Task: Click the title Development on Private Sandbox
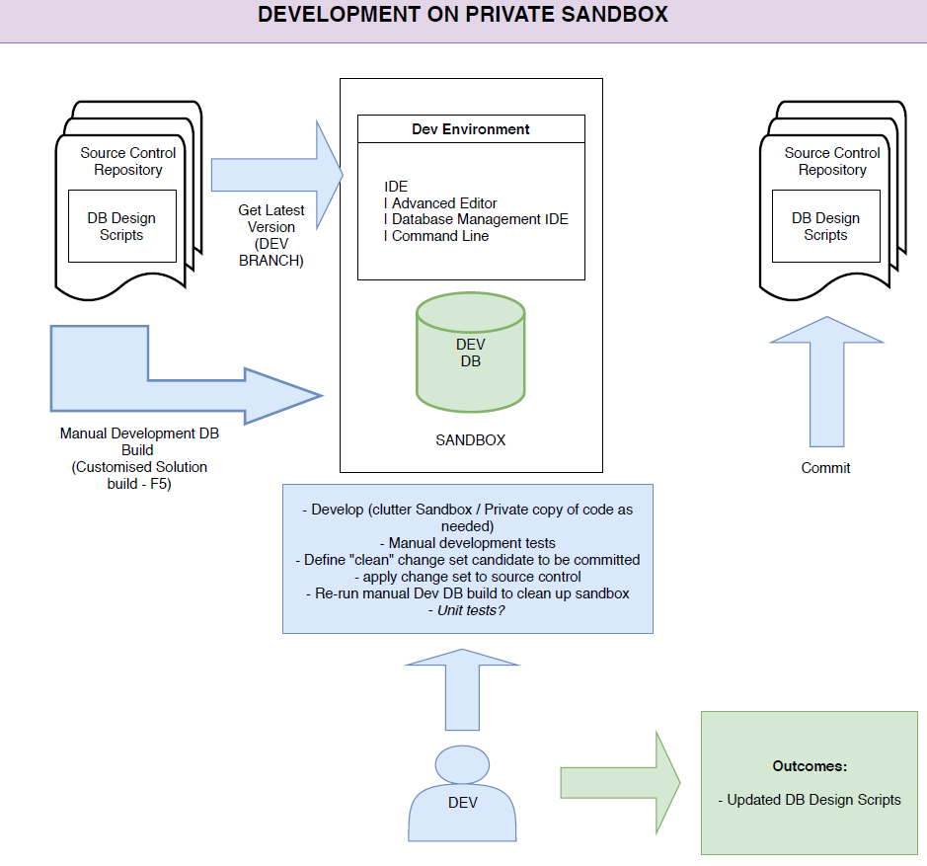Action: tap(463, 15)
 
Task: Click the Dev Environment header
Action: tap(470, 129)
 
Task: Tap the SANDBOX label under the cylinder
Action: tap(471, 440)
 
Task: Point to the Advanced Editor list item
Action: tap(444, 203)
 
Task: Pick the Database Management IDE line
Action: tap(480, 219)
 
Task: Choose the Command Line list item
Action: tap(440, 236)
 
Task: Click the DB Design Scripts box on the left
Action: tap(121, 226)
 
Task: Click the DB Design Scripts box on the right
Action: tap(825, 226)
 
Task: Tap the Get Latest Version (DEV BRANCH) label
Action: tap(271, 235)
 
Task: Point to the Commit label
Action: tap(825, 468)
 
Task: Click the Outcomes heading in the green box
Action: tap(811, 766)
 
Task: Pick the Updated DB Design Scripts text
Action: tap(810, 800)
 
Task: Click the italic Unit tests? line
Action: tap(467, 610)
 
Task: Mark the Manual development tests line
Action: tap(467, 543)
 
